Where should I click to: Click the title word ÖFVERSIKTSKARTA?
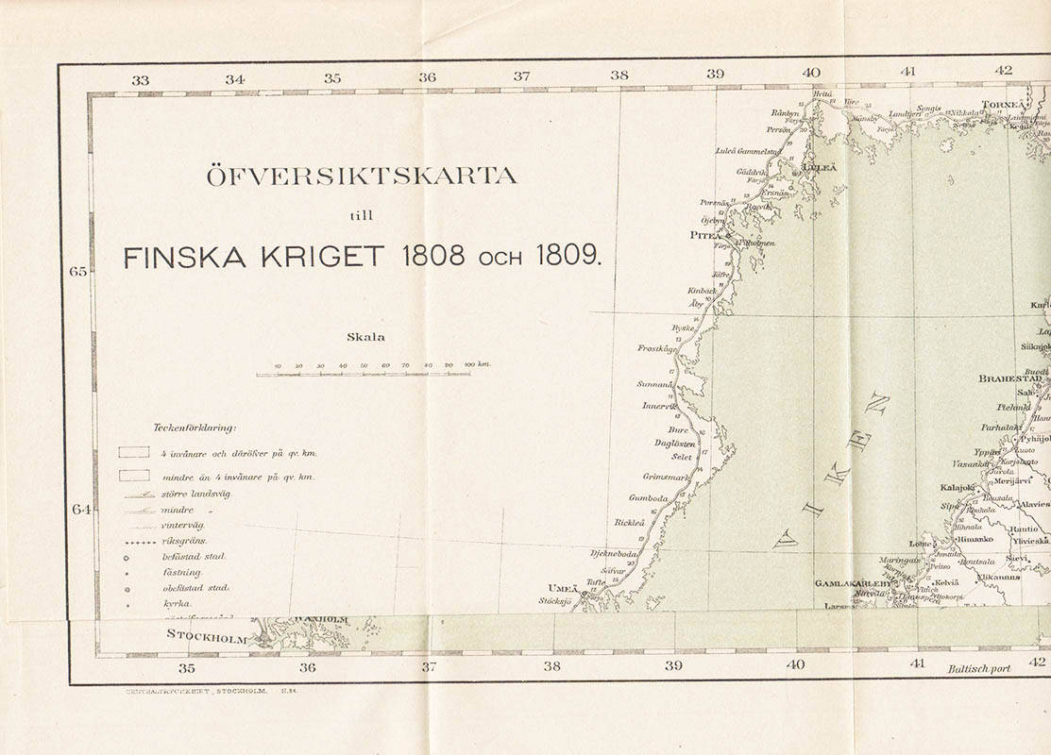pyautogui.click(x=362, y=176)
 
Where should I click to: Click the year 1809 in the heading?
pyautogui.click(x=567, y=256)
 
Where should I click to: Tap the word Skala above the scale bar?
pyautogui.click(x=365, y=336)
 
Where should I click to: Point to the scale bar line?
pyautogui.click(x=364, y=375)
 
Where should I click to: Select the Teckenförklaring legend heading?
pyautogui.click(x=195, y=428)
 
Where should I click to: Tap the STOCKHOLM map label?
pyautogui.click(x=207, y=633)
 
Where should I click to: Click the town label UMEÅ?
pyautogui.click(x=562, y=587)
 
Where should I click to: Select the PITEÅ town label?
pyautogui.click(x=703, y=235)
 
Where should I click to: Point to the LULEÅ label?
pyautogui.click(x=819, y=167)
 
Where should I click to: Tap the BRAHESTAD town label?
pyautogui.click(x=1009, y=378)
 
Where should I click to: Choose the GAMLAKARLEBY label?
pyautogui.click(x=854, y=583)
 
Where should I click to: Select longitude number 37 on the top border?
pyautogui.click(x=521, y=76)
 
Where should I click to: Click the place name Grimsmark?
pyautogui.click(x=667, y=477)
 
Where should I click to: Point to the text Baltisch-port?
pyautogui.click(x=977, y=669)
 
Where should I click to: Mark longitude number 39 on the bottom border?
pyautogui.click(x=673, y=665)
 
